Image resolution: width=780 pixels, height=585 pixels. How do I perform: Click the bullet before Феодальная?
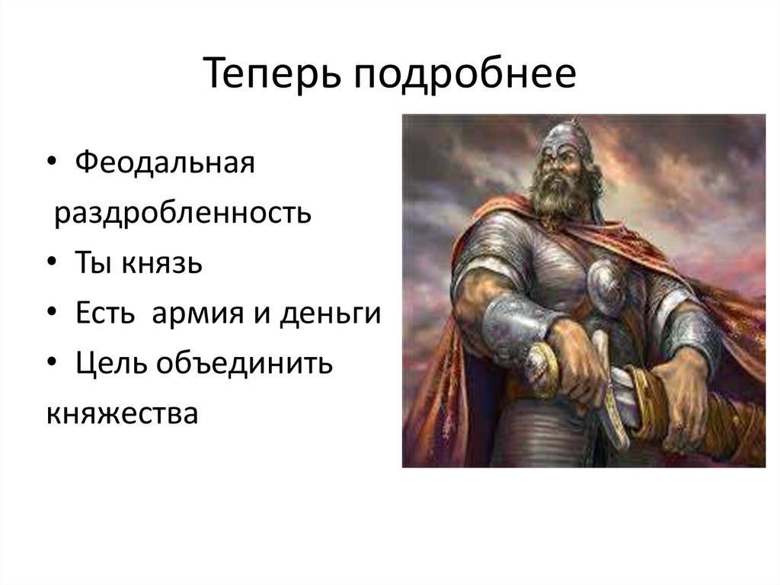[x=52, y=164]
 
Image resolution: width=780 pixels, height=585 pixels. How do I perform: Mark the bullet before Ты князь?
[x=52, y=264]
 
